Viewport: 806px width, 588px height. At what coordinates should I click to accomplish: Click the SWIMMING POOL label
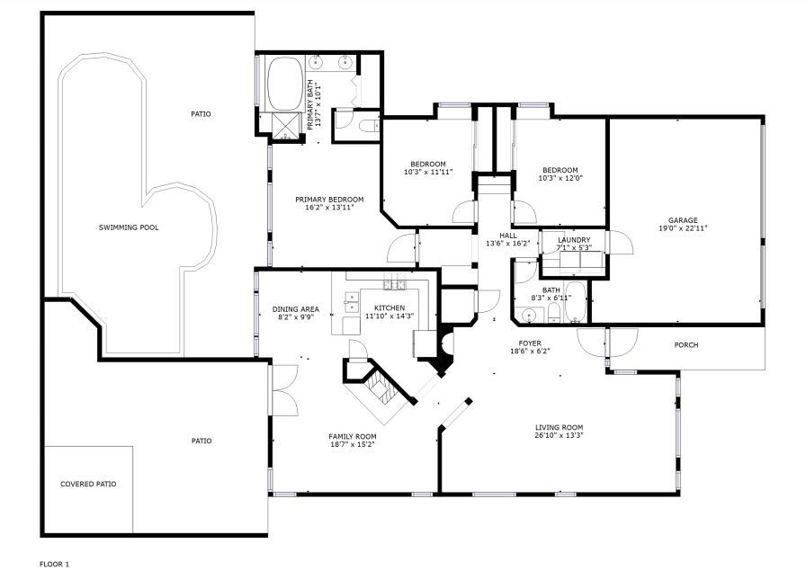(129, 227)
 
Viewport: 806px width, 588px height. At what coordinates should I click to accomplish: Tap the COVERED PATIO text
(88, 485)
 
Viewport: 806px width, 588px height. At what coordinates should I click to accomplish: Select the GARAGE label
(683, 220)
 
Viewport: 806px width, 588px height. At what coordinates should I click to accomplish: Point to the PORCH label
(686, 345)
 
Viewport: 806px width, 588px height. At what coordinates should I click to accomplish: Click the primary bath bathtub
(285, 84)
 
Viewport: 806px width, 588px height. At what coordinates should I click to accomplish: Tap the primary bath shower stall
(284, 126)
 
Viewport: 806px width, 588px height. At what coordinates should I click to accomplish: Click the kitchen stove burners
(394, 283)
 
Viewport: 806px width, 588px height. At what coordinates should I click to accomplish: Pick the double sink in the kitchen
(352, 302)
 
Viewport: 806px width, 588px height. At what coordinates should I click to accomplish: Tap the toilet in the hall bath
(554, 313)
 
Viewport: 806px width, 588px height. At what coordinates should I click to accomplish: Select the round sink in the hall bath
(527, 315)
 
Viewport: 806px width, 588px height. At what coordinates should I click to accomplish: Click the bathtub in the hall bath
(575, 302)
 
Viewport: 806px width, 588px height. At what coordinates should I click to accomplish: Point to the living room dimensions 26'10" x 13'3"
(559, 435)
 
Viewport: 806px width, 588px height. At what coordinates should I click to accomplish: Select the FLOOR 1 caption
(55, 565)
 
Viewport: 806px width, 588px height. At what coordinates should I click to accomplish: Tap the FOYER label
(530, 343)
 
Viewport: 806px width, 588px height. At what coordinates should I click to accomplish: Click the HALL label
(508, 236)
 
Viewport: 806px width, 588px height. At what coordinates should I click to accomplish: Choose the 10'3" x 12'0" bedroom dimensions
(560, 178)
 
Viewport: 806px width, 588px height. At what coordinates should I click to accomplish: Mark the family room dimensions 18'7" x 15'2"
(352, 445)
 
